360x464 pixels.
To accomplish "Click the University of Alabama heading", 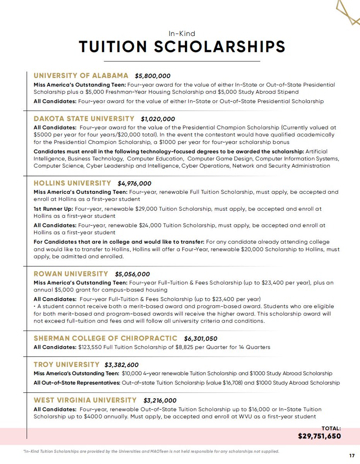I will coord(81,75).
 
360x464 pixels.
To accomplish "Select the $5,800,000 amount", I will coord(152,76).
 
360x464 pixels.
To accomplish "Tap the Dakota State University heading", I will coord(84,119).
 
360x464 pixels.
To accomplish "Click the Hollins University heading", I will coord(72,183).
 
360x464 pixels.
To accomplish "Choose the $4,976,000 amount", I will coord(134,184).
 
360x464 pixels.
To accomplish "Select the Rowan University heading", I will coord(71,274).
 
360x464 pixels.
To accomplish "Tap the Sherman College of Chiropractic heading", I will coord(106,338).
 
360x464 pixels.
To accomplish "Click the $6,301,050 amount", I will coord(201,339).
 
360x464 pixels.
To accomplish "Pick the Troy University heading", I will coord(67,364).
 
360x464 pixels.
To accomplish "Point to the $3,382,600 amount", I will coord(121,365).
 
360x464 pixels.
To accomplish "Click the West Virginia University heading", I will coord(85,400).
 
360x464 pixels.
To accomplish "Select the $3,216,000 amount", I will coord(160,401).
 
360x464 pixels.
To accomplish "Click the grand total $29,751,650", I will coord(319,436).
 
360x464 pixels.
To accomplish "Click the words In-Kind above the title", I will coord(182,34).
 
